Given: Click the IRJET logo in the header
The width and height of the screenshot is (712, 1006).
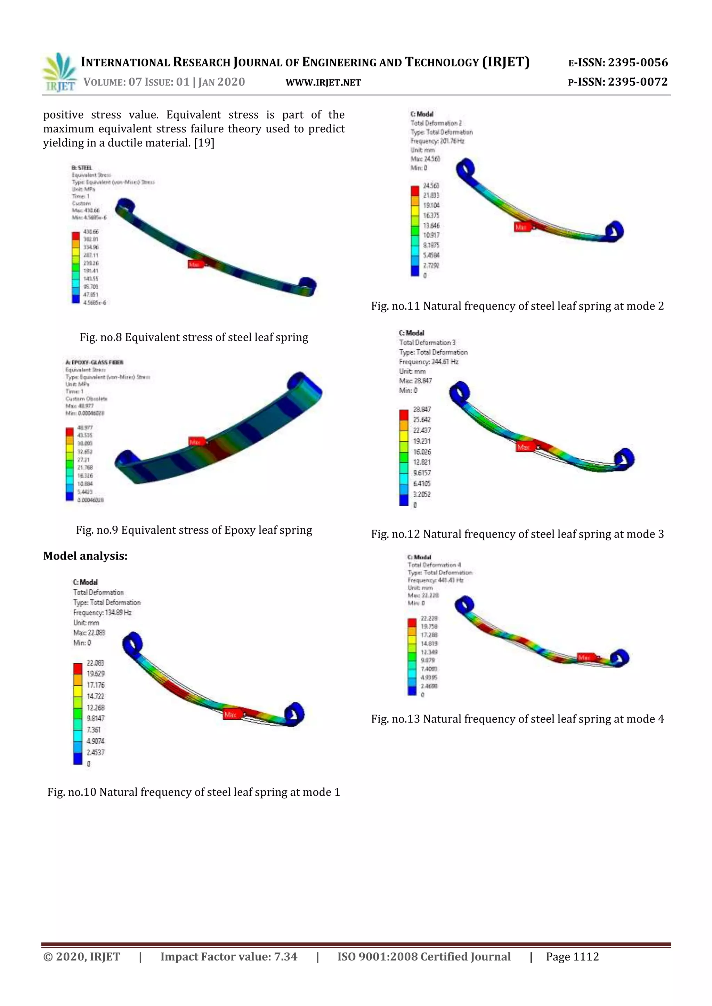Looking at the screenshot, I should pyautogui.click(x=59, y=73).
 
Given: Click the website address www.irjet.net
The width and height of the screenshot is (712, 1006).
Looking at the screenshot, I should pyautogui.click(x=323, y=82).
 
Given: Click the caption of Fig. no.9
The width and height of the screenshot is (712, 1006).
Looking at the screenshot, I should pyautogui.click(x=194, y=530).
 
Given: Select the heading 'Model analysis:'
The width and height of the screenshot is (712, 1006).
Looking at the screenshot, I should pyautogui.click(x=85, y=556).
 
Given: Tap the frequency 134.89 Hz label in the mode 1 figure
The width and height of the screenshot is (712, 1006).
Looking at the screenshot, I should pyautogui.click(x=102, y=613).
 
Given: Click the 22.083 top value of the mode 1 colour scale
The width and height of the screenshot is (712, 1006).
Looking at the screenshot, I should pyautogui.click(x=95, y=663).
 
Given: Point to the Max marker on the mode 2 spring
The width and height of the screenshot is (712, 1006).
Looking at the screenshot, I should pyautogui.click(x=521, y=227).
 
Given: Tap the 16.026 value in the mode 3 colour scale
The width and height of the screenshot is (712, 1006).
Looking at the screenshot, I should pyautogui.click(x=422, y=452).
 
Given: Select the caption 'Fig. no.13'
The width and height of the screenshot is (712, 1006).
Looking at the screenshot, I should pyautogui.click(x=517, y=719).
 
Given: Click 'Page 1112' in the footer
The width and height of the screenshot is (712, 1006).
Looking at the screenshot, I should pyautogui.click(x=572, y=957).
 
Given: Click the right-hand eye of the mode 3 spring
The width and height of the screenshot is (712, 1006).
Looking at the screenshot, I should pyautogui.click(x=623, y=458).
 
